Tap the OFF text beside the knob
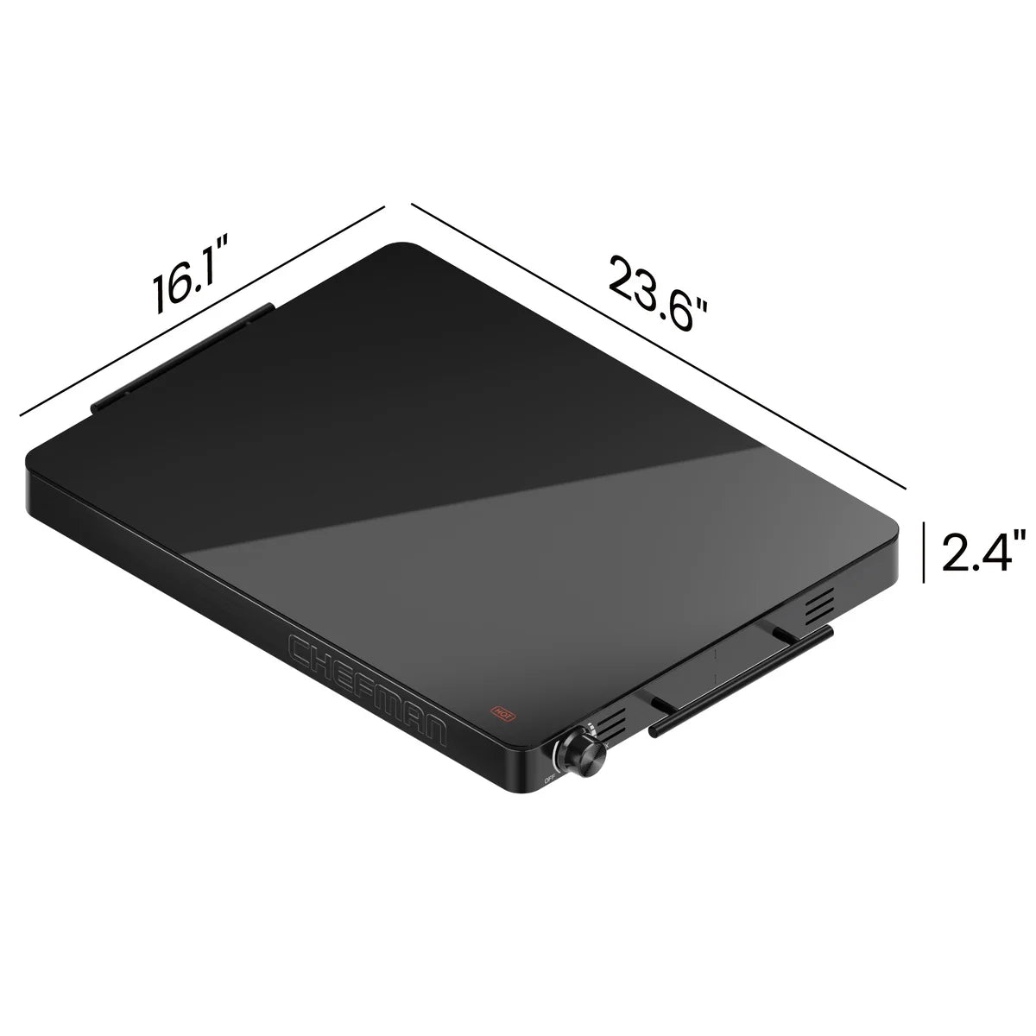pos(550,780)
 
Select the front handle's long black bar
pos(741,682)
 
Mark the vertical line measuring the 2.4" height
pos(925,552)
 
